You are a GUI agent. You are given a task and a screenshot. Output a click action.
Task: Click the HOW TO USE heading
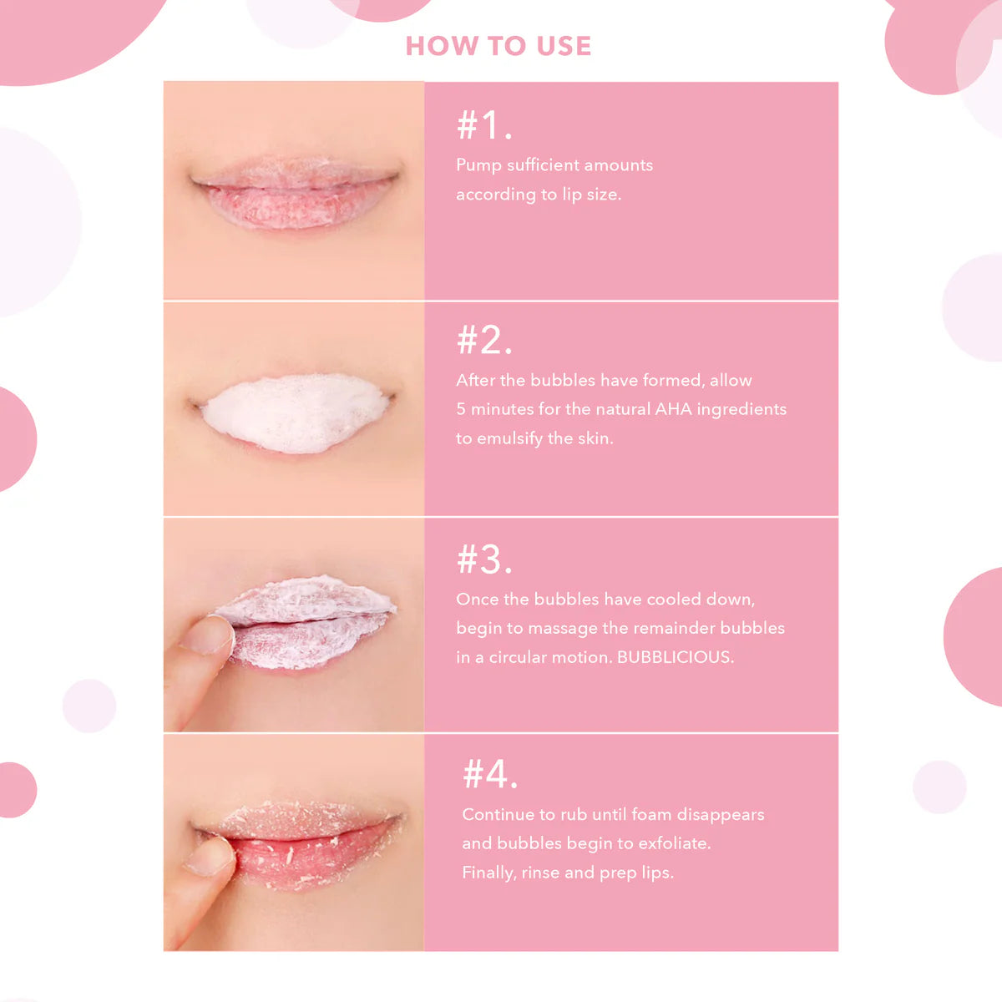(x=498, y=46)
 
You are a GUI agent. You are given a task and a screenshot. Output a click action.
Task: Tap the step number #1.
(x=483, y=125)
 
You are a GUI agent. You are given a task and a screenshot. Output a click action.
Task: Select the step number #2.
(x=483, y=341)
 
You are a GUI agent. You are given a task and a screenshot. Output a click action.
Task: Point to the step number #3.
(x=483, y=559)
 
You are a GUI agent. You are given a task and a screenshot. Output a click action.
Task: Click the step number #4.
(x=489, y=775)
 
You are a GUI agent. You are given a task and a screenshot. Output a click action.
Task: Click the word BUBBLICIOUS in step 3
(x=675, y=657)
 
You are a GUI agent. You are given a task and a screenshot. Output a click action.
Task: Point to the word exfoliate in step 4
(x=674, y=843)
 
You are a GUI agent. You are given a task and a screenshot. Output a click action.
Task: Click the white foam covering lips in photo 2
(x=295, y=413)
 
